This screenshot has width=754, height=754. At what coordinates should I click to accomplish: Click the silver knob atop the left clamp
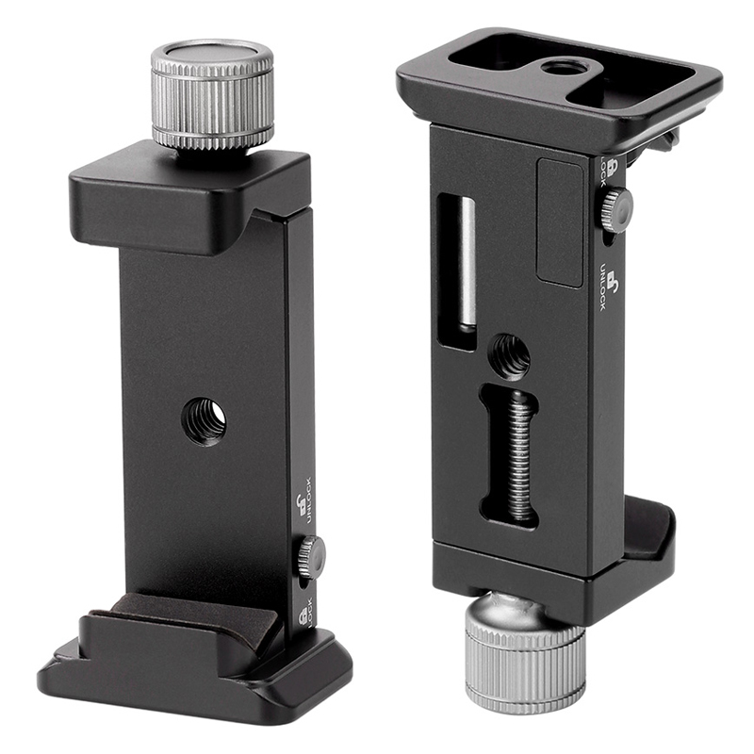click(x=213, y=95)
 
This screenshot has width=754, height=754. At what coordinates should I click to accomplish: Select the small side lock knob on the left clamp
click(x=311, y=558)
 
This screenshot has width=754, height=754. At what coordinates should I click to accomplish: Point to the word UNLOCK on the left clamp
click(x=308, y=500)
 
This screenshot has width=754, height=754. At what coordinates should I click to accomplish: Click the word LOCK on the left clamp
click(x=309, y=612)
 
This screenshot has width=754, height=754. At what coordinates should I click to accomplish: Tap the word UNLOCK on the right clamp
click(x=603, y=287)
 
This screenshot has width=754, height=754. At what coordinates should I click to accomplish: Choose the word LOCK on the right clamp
click(x=603, y=172)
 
